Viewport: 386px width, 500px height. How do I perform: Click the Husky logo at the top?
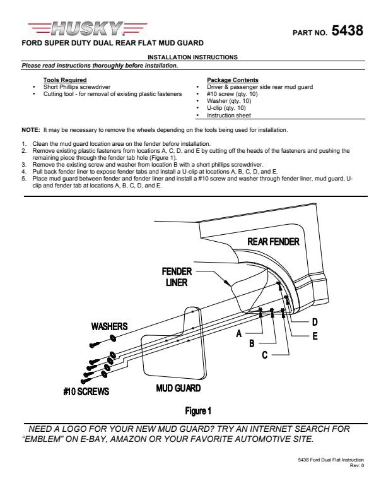pos(88,28)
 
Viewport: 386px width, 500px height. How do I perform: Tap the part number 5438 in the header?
pos(347,30)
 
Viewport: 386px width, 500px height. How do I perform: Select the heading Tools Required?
pos(65,80)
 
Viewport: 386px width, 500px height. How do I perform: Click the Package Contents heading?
pos(232,80)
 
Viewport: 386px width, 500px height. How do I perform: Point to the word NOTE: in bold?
pos(31,129)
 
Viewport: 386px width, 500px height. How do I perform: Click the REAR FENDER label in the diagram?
pos(273,241)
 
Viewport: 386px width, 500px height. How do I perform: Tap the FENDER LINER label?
pos(177,277)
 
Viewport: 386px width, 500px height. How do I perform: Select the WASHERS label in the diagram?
pos(109,326)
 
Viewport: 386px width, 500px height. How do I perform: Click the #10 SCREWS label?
pos(86,391)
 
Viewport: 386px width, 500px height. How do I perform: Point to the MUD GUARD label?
pos(178,388)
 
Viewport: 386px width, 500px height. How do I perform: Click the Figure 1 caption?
pos(198,411)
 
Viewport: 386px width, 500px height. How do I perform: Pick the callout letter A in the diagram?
pos(239,334)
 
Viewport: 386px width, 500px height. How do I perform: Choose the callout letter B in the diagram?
pos(252,343)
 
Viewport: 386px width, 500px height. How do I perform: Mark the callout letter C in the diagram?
pos(266,355)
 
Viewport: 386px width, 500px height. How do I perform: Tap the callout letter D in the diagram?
pos(315,322)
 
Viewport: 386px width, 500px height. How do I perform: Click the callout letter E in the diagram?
pos(315,336)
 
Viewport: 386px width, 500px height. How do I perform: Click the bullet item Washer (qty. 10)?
pos(229,100)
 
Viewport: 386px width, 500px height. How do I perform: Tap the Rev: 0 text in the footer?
pos(357,466)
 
